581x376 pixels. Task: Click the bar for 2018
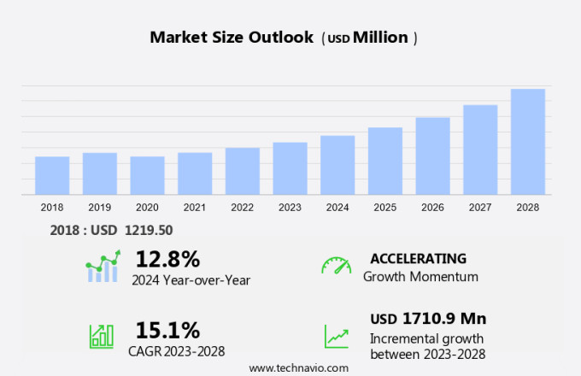(52, 175)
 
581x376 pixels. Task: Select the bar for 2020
(147, 175)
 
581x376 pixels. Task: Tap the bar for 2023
(290, 168)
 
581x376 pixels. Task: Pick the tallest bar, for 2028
(528, 142)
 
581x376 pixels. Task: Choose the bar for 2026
(432, 156)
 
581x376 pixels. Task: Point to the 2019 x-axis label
(99, 207)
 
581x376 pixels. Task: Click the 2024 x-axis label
(337, 207)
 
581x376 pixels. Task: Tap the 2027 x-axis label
(480, 207)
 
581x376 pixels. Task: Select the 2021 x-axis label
(195, 207)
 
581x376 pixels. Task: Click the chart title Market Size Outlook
(231, 38)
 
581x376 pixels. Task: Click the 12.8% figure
(167, 259)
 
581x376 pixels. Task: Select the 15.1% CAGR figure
(167, 330)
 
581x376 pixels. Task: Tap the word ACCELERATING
(418, 259)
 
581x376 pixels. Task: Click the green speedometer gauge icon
(336, 265)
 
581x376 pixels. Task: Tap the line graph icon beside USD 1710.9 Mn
(336, 335)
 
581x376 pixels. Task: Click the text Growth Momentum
(420, 277)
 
